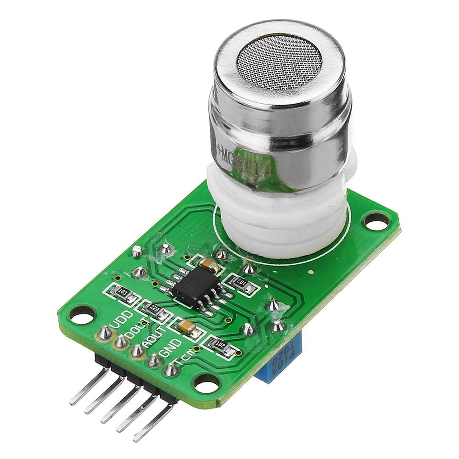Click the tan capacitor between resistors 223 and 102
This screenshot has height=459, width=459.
(x=185, y=326)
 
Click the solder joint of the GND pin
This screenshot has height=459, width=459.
(x=154, y=361)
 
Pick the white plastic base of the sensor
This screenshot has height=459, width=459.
(x=280, y=211)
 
